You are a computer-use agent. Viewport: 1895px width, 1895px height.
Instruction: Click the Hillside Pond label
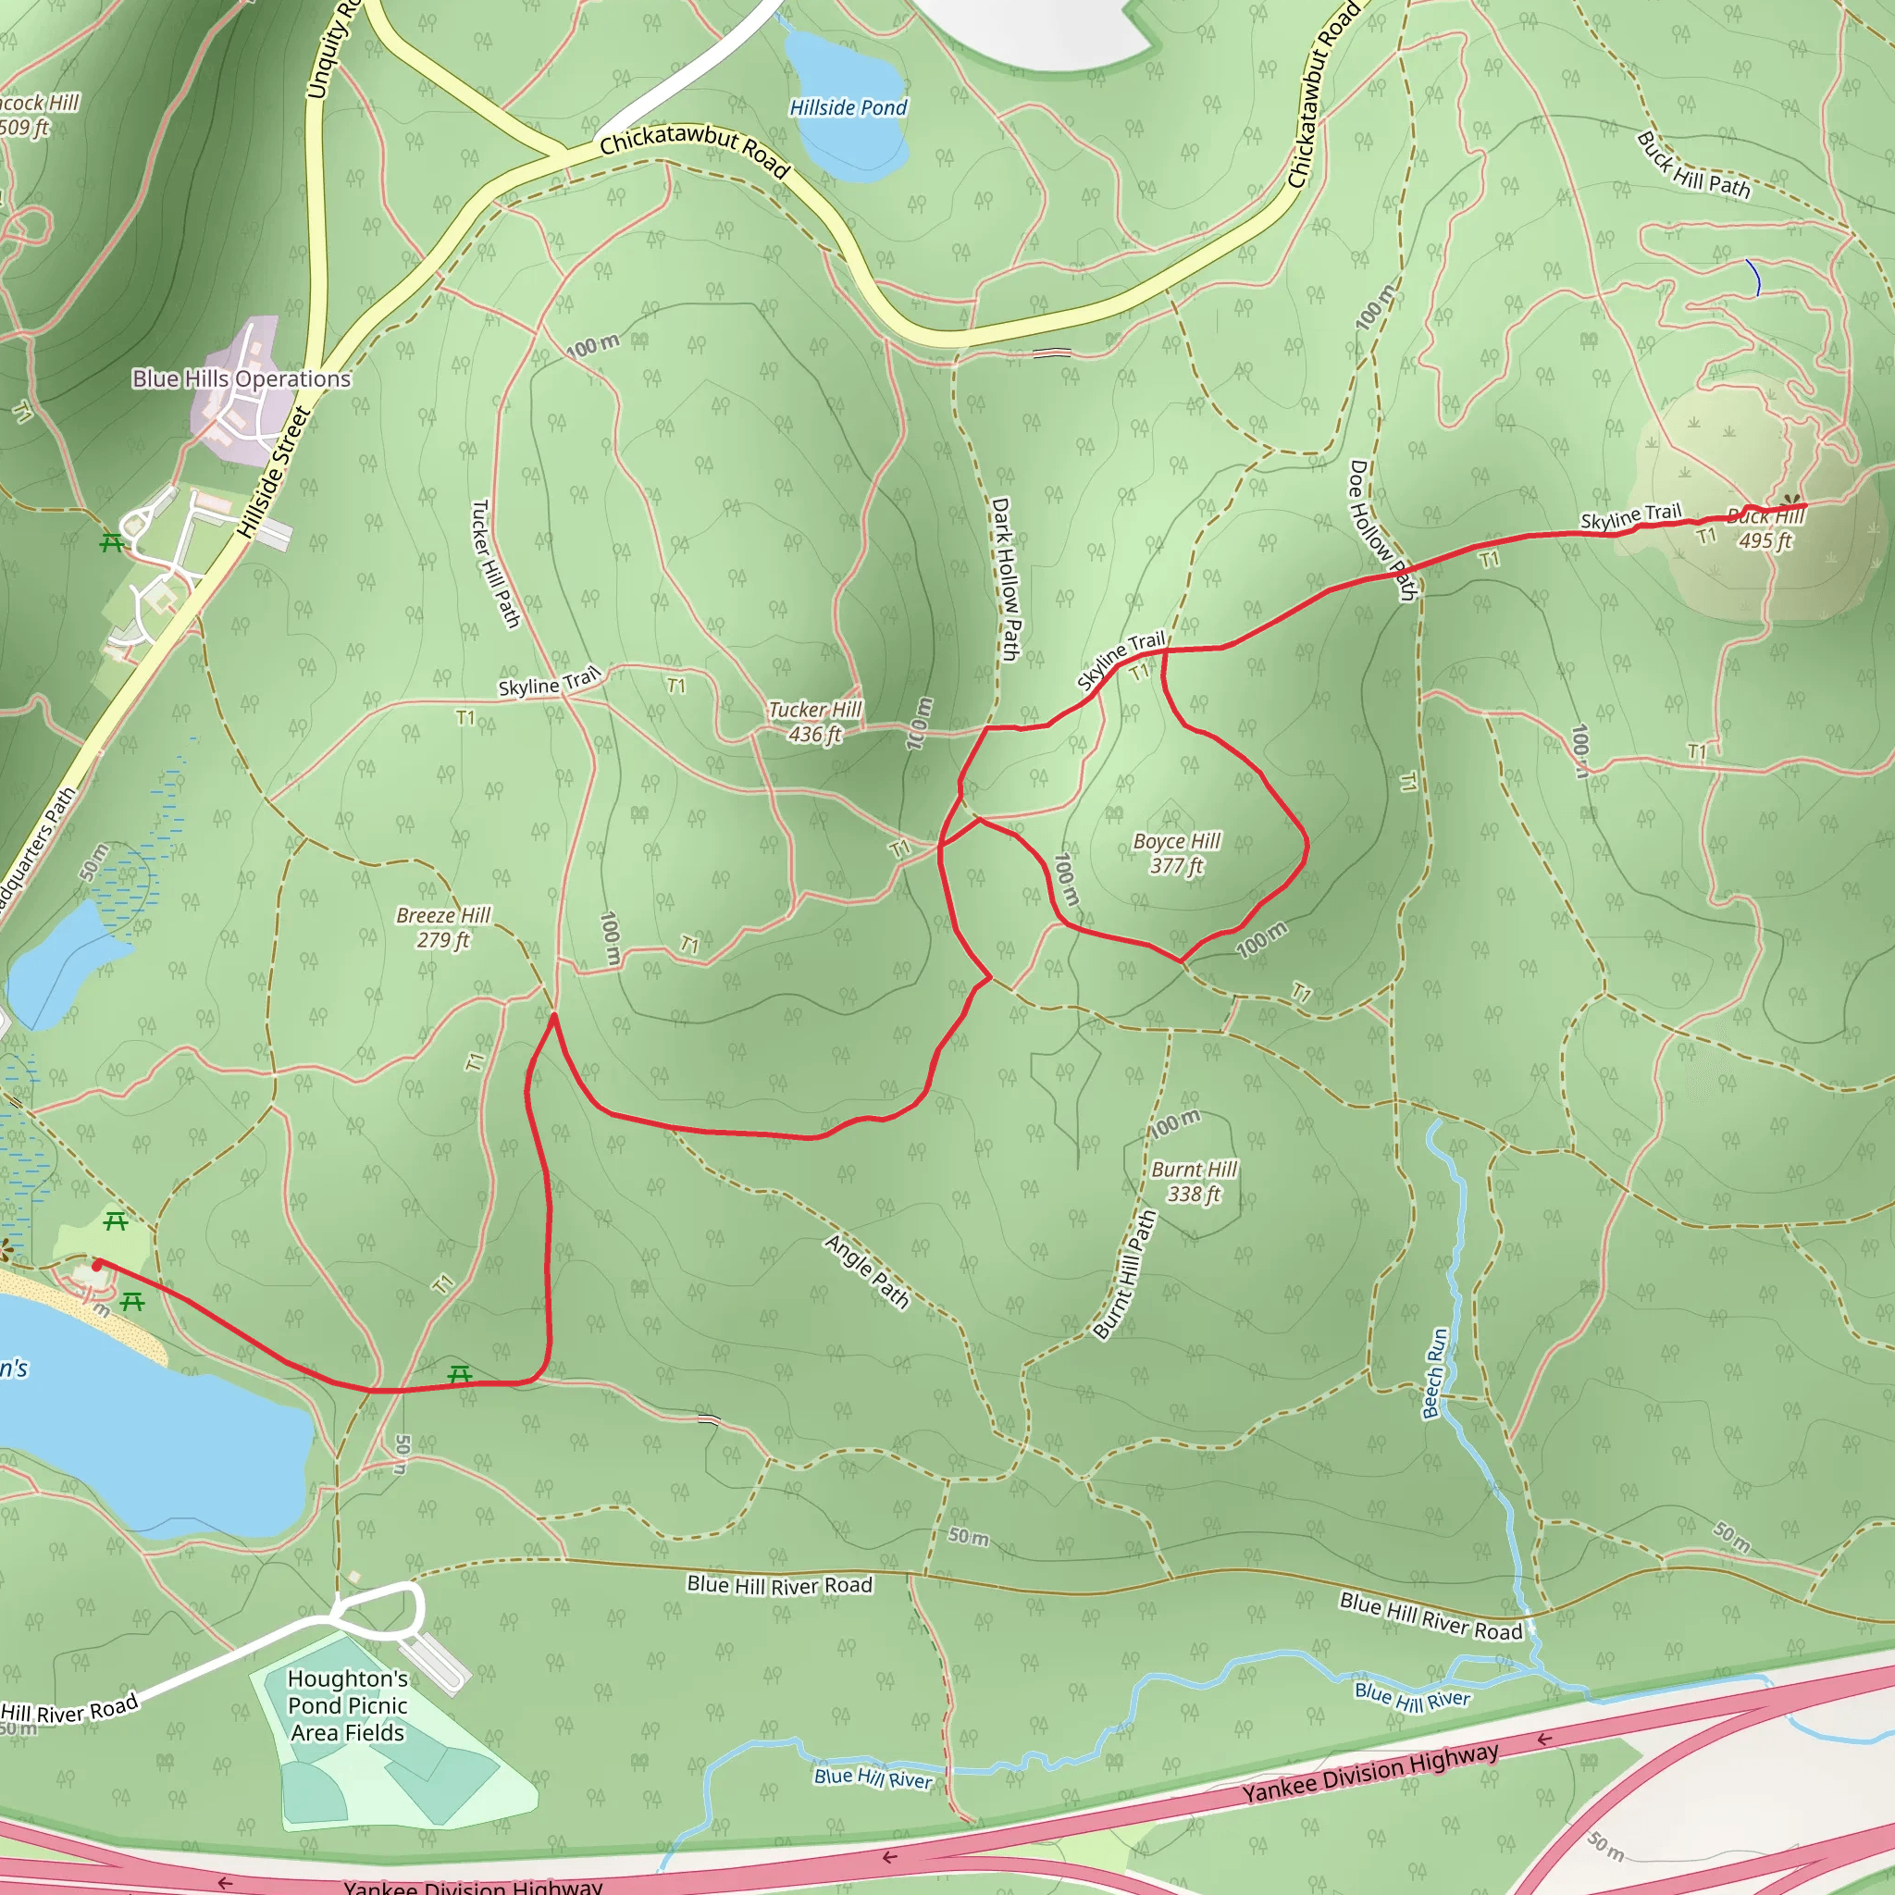[x=848, y=108]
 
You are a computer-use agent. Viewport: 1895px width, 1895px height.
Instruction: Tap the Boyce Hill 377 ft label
[x=1176, y=853]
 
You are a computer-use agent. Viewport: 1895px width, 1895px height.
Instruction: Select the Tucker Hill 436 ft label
[x=815, y=722]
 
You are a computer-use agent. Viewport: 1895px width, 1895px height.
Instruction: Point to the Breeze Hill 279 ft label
[x=443, y=928]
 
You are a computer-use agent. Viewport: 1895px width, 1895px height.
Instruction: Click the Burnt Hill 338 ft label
[x=1194, y=1182]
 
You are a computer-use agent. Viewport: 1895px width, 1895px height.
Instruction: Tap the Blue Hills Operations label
[x=242, y=378]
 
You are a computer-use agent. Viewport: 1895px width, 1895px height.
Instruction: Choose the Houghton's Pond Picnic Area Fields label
[x=348, y=1705]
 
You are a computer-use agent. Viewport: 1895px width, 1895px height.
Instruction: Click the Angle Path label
[x=867, y=1272]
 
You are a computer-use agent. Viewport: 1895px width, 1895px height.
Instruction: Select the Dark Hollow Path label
[x=1007, y=578]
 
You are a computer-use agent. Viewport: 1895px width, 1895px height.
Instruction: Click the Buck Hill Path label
[x=1693, y=166]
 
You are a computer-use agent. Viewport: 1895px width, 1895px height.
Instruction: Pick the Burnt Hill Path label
[x=1125, y=1274]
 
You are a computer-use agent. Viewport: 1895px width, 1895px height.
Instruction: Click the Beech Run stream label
[x=1435, y=1374]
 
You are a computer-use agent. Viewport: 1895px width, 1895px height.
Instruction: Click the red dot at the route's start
[x=97, y=1265]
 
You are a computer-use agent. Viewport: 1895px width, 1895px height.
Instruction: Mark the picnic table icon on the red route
[x=459, y=1374]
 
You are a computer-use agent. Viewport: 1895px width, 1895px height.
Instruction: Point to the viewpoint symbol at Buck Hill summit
[x=1792, y=502]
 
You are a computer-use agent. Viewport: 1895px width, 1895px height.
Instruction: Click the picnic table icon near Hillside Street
[x=112, y=542]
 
